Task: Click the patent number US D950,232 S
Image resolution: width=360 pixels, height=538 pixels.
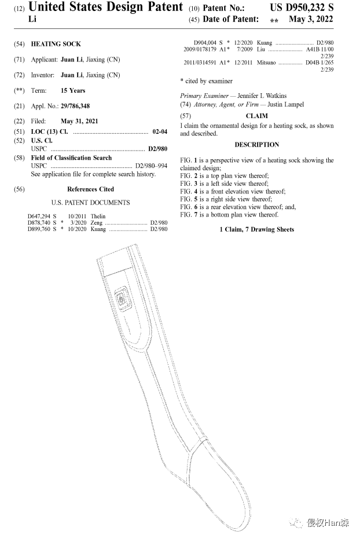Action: click(301, 8)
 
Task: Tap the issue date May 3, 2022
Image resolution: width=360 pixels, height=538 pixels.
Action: click(311, 20)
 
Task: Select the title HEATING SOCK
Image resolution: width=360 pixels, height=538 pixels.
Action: click(56, 44)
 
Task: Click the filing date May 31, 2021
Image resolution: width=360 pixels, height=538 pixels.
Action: click(79, 122)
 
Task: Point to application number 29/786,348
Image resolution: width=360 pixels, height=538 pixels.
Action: click(75, 107)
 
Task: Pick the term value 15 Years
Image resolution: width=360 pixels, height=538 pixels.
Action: click(73, 91)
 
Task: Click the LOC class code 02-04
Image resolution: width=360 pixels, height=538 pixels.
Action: click(160, 132)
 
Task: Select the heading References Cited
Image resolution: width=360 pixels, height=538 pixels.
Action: click(90, 189)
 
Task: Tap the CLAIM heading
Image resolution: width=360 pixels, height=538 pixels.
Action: click(256, 116)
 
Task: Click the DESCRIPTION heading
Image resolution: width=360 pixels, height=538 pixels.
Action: click(256, 145)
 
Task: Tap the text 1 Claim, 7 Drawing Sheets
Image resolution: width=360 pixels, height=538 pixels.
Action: click(256, 230)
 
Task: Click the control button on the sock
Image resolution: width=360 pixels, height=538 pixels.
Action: click(122, 299)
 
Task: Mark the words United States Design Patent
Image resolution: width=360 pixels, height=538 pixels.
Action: click(106, 8)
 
